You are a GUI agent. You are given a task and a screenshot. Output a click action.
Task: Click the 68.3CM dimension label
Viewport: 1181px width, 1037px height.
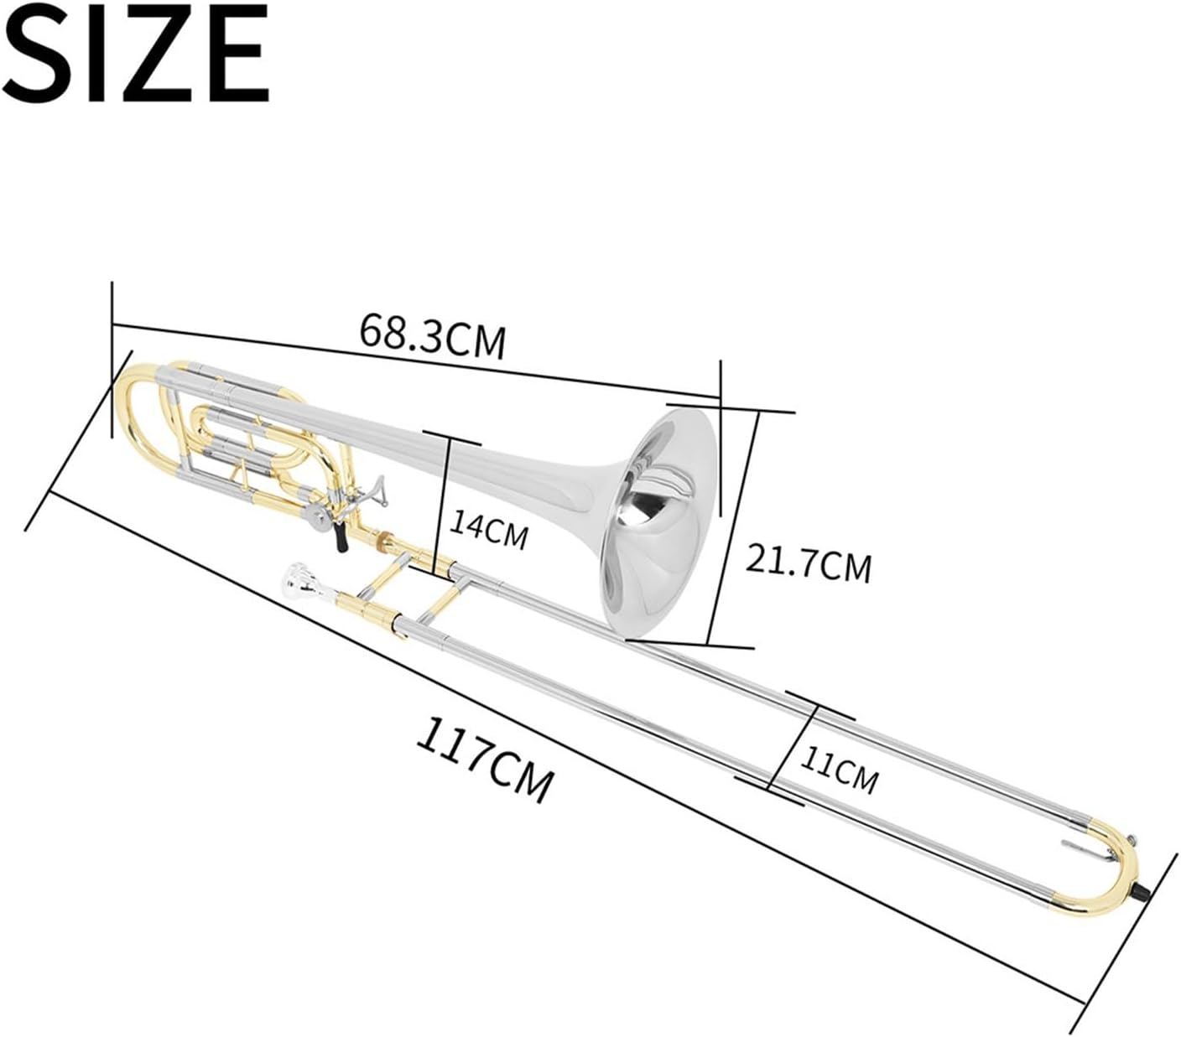433,334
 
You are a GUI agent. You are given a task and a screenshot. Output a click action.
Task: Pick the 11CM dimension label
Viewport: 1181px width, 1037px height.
838,769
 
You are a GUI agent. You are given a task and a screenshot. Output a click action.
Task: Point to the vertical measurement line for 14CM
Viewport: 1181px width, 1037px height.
445,507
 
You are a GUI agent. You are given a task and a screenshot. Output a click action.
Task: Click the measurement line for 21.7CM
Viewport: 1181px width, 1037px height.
735,528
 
